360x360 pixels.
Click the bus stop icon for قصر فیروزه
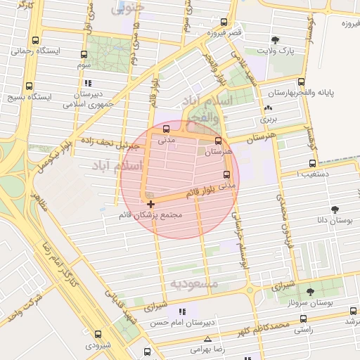pyautogui.click(x=224, y=22)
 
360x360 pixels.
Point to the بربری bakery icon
pyautogui.click(x=268, y=108)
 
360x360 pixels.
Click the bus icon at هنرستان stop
pyautogui.click(x=218, y=141)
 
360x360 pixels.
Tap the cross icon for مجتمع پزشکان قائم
pyautogui.click(x=151, y=204)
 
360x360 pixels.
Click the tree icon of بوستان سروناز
pyautogui.click(x=310, y=291)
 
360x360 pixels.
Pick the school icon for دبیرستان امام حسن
pyautogui.click(x=183, y=311)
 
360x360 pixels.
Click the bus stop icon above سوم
pyautogui.click(x=84, y=54)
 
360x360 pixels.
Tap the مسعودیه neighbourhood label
pyautogui.click(x=195, y=283)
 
